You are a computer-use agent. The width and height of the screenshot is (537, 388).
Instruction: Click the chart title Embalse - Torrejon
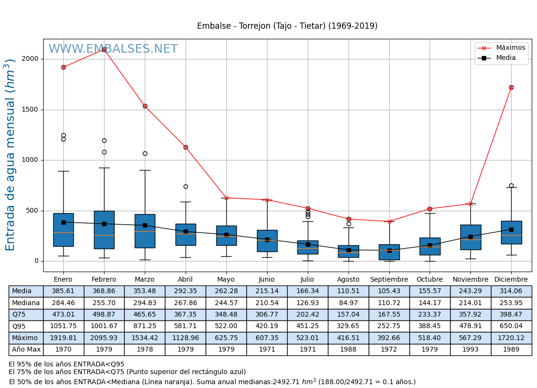click(x=287, y=26)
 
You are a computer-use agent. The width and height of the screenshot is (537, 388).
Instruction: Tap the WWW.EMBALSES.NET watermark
click(x=113, y=49)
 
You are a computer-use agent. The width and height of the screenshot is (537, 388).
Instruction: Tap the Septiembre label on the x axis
click(x=389, y=280)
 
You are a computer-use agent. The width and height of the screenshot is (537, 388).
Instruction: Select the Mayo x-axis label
click(x=226, y=280)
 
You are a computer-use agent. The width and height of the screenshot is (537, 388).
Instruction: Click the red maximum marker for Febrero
click(x=104, y=49)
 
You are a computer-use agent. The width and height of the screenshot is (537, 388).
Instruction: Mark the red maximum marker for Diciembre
click(x=511, y=87)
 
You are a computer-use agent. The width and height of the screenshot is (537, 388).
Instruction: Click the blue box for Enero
click(x=63, y=230)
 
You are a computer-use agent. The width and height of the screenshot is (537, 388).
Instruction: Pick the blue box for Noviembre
click(x=470, y=237)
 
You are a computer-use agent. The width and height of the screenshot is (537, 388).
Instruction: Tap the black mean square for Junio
click(x=267, y=240)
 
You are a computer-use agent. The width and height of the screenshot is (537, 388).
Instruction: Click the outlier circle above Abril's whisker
click(x=186, y=186)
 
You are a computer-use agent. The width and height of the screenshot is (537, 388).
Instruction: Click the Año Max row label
click(x=26, y=350)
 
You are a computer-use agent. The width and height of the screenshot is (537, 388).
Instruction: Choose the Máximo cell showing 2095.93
click(x=104, y=338)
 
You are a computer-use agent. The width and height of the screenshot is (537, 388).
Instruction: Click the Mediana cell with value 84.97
click(x=348, y=303)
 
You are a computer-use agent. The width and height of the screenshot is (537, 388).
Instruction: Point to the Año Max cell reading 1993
click(x=470, y=350)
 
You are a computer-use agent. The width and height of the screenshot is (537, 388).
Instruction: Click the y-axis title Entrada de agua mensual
click(x=11, y=155)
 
